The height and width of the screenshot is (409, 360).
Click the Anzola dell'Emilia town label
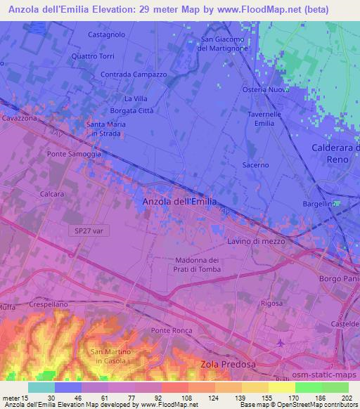pyautogui.click(x=179, y=202)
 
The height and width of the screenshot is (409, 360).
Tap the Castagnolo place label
pyautogui.click(x=107, y=34)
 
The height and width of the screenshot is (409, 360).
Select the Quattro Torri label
pyautogui.click(x=93, y=57)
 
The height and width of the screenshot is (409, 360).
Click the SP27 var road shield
pyautogui.click(x=88, y=231)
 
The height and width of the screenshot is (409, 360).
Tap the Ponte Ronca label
pyautogui.click(x=170, y=330)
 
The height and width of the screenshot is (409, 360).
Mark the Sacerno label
pyautogui.click(x=255, y=165)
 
